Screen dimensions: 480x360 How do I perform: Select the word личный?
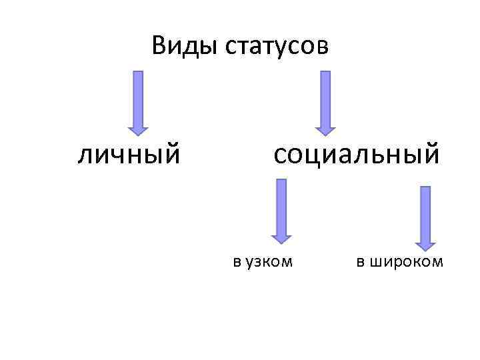point(129,155)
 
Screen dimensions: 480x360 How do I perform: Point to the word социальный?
point(356,154)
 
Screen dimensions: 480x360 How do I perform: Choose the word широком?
point(407,261)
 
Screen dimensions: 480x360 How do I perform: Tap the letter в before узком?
point(237,262)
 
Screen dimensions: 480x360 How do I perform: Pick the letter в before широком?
point(360,262)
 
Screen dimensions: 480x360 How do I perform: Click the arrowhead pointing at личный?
point(138,127)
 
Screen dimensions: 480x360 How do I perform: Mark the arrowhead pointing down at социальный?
point(325,127)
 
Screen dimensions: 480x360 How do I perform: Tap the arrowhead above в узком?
point(281,236)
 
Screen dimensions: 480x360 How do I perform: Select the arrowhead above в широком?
point(425,243)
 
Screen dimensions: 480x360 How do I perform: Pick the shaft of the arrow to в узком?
point(281,203)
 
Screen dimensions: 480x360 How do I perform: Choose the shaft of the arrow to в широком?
point(425,210)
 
